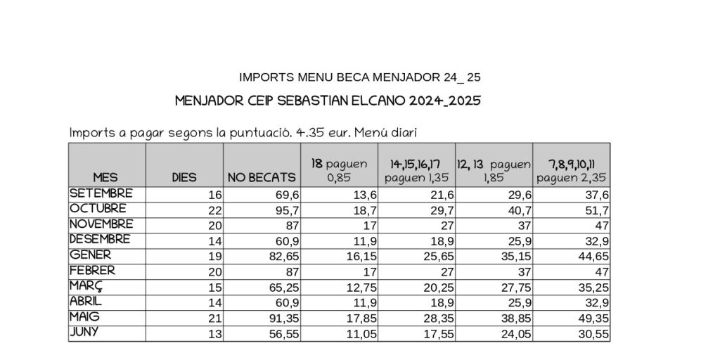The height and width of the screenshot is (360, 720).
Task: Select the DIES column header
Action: coord(184,178)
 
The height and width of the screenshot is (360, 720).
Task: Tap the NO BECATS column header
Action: coord(261,178)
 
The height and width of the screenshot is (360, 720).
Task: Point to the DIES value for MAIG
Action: coord(214,319)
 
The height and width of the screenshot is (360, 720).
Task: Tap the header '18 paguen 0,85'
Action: coord(339,171)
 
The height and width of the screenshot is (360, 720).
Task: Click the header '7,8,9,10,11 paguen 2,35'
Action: coord(571,171)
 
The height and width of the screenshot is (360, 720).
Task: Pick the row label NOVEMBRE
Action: coord(101,224)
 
